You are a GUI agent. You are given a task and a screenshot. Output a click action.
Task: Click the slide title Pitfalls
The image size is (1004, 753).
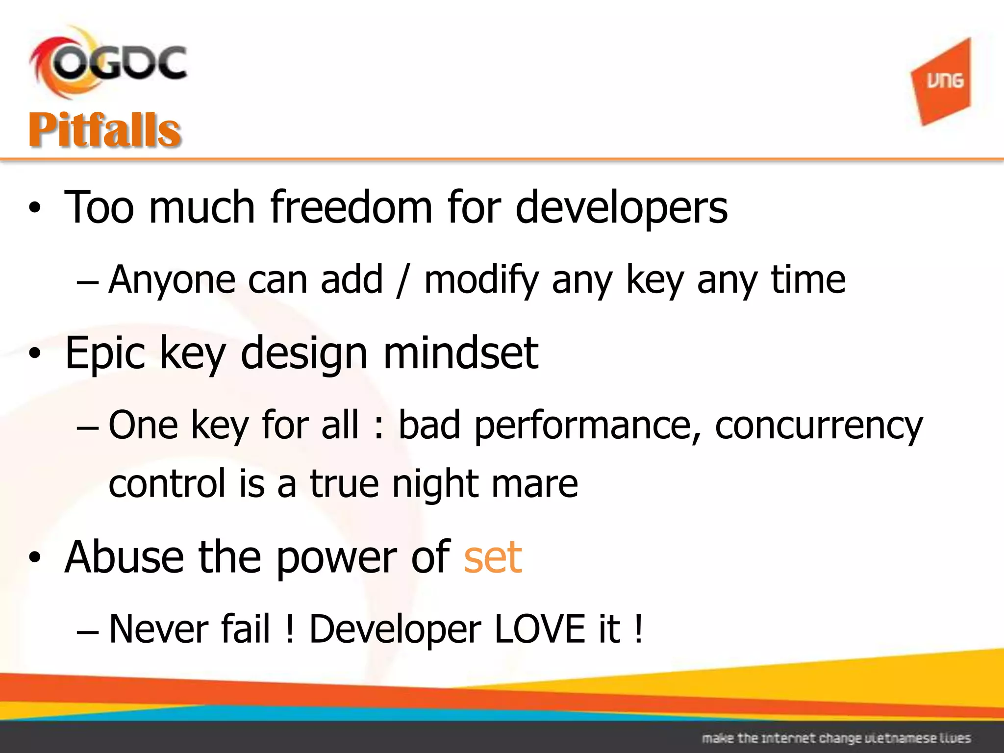105,130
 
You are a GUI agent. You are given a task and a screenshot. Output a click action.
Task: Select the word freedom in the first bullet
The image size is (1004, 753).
351,208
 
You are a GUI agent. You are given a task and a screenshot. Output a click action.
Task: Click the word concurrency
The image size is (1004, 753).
819,426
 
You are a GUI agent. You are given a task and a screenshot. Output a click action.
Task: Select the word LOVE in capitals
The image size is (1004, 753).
539,629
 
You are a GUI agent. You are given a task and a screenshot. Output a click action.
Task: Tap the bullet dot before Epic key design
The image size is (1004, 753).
35,353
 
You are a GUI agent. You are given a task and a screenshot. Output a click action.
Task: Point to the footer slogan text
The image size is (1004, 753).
836,738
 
